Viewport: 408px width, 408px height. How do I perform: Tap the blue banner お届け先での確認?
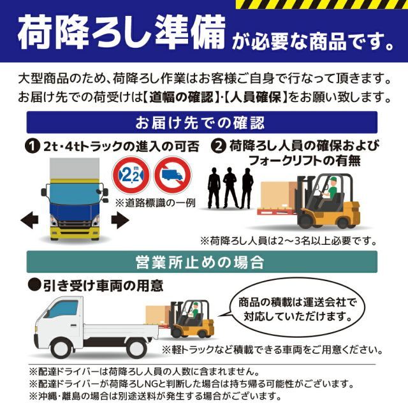[x=204, y=122]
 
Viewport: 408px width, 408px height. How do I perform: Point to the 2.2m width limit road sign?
[x=131, y=175]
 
